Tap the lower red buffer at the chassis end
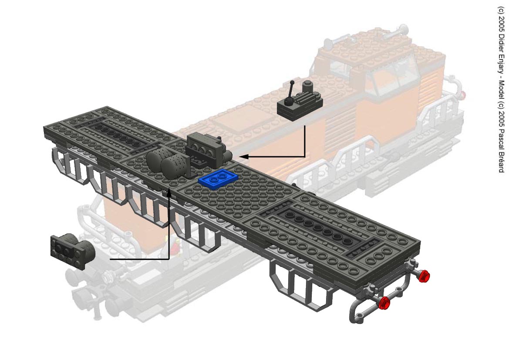point(384,303)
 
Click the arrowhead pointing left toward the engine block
point(244,157)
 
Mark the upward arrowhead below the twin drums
point(169,193)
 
